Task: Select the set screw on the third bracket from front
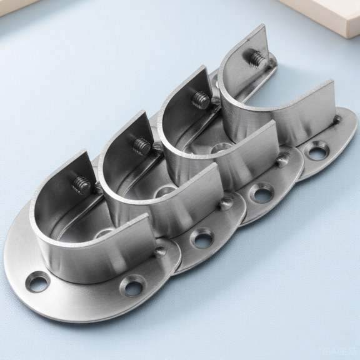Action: point(201,99)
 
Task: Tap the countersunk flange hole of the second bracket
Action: point(202,238)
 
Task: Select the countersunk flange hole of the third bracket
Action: point(261,193)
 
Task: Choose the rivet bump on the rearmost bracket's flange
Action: point(337,118)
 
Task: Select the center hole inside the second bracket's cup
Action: point(166,190)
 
